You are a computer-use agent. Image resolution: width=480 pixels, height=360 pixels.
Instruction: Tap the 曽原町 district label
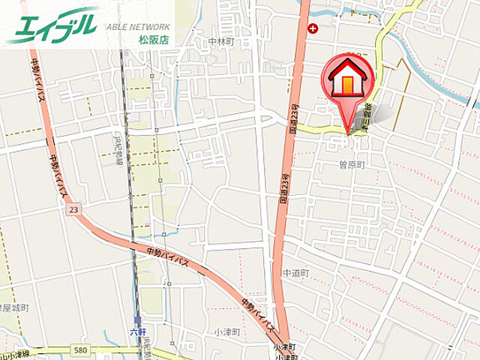pos(351,163)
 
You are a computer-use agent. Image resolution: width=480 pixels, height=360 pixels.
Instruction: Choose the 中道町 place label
pos(295,274)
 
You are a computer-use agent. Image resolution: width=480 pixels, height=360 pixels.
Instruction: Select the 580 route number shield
pos(82,350)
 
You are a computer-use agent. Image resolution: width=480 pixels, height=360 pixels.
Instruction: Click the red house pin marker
pos(348,79)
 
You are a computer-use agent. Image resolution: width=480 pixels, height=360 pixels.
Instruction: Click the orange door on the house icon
pos(348,85)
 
